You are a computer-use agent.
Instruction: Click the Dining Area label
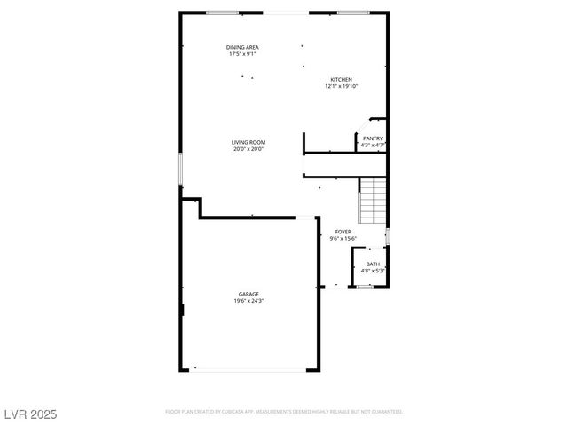pos(242,47)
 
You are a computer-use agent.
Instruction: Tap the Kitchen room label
pos(342,79)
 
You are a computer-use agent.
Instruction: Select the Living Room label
pos(248,142)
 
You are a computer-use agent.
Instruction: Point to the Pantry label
pos(373,138)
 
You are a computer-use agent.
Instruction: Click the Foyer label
pos(343,232)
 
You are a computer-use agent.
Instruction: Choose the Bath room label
pos(373,264)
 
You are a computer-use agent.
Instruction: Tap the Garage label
pos(248,294)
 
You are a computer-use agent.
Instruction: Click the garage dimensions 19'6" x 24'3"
pos(248,301)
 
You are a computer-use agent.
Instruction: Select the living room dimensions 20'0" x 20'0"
pos(248,149)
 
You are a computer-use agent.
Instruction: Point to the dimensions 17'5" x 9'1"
pos(242,54)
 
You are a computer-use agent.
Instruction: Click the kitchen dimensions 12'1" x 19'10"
pos(342,86)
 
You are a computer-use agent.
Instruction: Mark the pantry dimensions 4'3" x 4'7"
pos(373,146)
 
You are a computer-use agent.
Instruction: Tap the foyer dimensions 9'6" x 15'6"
pos(343,239)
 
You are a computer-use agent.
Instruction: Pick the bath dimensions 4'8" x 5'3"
pos(373,271)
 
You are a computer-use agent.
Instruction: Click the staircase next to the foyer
pos(374,201)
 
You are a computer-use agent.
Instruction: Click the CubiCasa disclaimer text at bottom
pos(284,412)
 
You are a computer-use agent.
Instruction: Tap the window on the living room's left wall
pos(180,169)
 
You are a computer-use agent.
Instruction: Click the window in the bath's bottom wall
pos(364,287)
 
